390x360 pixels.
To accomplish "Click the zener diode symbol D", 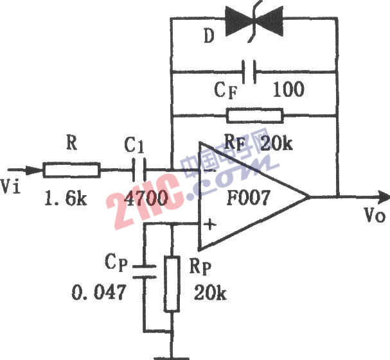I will coord(253,19).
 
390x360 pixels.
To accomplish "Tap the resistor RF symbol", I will coord(254,116).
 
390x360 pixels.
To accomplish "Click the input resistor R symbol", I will coord(71,170).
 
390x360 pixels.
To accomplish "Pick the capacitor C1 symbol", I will coord(141,170).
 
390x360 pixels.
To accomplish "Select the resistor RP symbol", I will coord(172,284).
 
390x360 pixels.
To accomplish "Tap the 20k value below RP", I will coord(209,294).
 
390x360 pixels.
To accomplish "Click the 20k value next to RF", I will coord(276,142).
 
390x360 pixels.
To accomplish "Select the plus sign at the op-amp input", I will coord(208,225).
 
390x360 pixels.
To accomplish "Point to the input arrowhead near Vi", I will coord(27,170).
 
